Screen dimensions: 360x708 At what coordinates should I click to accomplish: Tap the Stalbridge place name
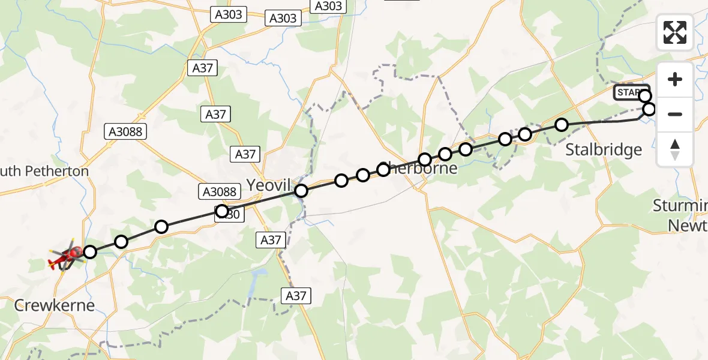tap(604, 149)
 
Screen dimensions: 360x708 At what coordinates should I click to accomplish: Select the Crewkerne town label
tap(55, 305)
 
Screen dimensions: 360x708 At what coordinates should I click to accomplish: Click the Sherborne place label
tap(420, 168)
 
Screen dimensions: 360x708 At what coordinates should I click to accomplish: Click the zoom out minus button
tap(675, 114)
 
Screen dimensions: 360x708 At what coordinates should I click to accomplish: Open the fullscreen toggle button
tap(675, 32)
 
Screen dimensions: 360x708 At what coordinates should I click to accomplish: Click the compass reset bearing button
tap(675, 149)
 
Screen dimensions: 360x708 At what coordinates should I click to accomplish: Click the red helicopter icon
tap(65, 257)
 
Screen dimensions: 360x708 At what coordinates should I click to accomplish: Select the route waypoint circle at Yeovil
tap(301, 191)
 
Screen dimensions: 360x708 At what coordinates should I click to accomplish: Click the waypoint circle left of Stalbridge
tap(562, 125)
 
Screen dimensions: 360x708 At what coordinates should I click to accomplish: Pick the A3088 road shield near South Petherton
tap(125, 131)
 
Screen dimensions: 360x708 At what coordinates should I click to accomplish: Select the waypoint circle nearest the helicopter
tap(89, 252)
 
